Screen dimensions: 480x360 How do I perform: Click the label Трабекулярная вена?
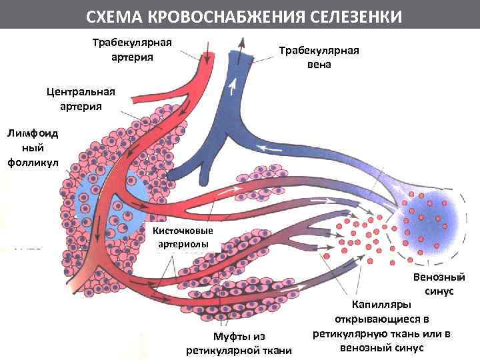[319, 58]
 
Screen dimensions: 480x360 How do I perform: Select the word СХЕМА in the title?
[115, 15]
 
